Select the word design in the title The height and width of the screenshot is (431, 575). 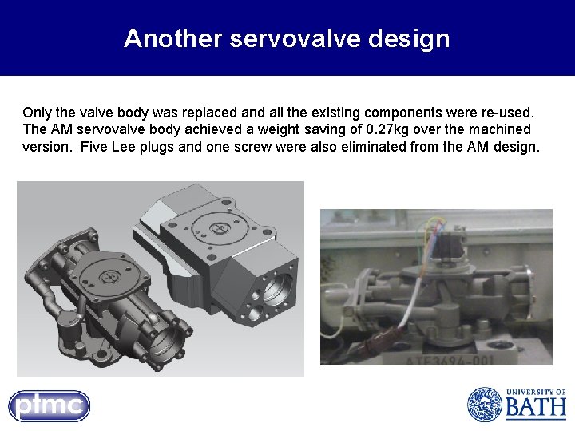410,38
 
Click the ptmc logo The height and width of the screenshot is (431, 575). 50,406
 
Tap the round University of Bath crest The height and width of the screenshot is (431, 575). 484,405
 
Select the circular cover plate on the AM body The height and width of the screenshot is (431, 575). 109,276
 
